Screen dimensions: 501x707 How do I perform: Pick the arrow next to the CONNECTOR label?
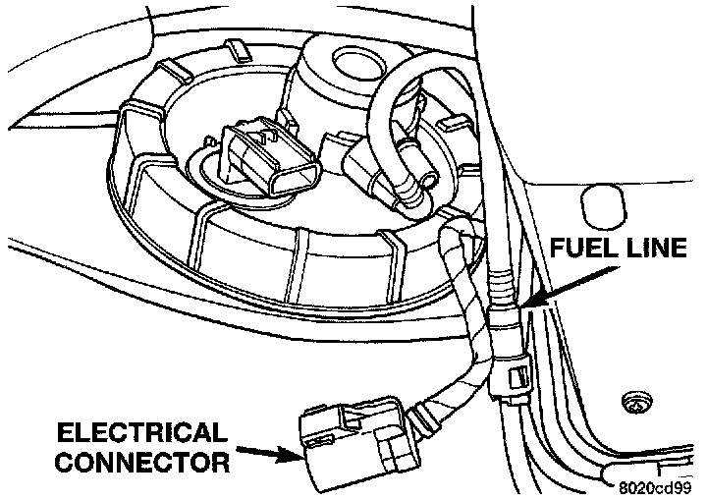pyautogui.click(x=266, y=452)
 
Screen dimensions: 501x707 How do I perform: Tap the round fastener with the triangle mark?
pyautogui.click(x=634, y=401)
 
